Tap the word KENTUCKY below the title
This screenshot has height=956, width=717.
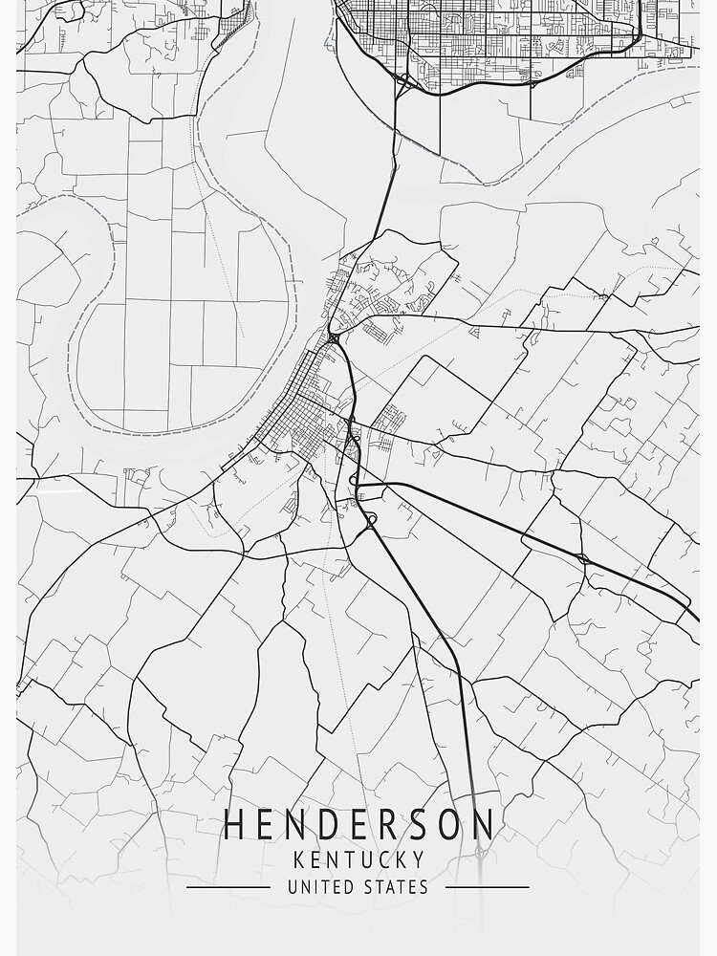(x=358, y=859)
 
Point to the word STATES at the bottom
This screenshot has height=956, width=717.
(x=396, y=887)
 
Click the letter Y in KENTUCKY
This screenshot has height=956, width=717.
(x=419, y=859)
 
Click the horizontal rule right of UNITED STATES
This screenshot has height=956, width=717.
(x=488, y=887)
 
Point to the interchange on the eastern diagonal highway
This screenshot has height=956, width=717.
(x=581, y=556)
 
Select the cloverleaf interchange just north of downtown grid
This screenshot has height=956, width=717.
(x=333, y=337)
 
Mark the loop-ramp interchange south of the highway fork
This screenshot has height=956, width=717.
(x=369, y=520)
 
